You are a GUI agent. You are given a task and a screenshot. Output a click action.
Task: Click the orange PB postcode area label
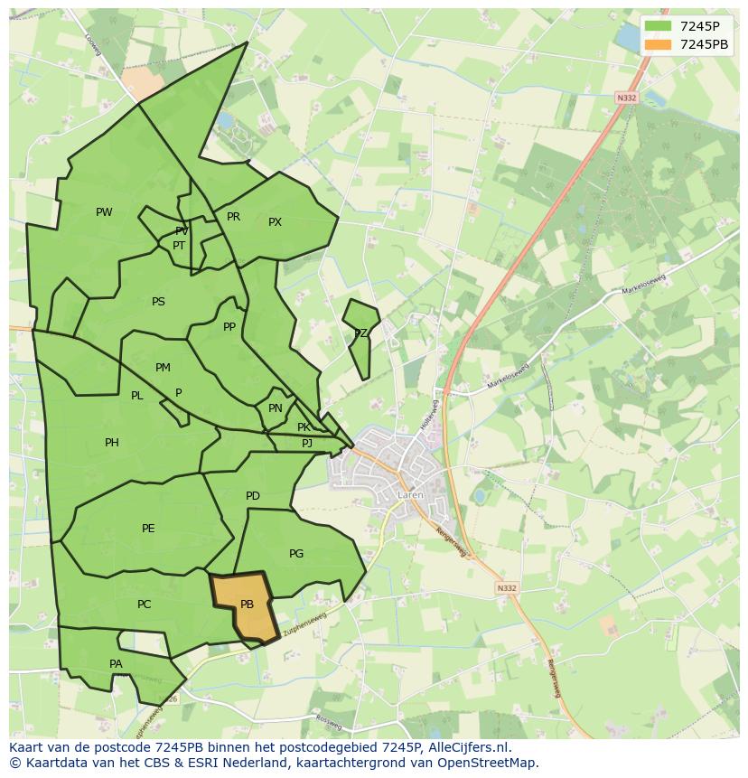(x=247, y=605)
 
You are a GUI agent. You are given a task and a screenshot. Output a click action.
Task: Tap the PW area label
(x=104, y=212)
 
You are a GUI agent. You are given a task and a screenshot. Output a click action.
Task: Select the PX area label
(x=275, y=222)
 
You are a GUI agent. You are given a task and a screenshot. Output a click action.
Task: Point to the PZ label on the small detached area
(x=360, y=333)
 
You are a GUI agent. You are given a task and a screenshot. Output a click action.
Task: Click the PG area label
(x=296, y=554)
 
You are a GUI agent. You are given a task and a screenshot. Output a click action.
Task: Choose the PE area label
(x=148, y=529)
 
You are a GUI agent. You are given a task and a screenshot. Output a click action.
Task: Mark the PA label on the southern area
(x=116, y=664)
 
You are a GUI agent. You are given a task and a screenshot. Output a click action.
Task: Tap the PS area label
(x=158, y=302)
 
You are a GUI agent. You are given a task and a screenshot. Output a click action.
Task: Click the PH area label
(x=112, y=443)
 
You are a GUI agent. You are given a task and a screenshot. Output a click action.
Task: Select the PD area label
(x=253, y=496)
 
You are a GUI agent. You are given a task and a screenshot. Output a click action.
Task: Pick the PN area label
(x=276, y=408)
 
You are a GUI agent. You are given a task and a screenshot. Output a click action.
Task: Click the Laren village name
(x=409, y=495)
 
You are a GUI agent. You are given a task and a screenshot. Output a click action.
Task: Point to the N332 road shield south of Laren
(x=507, y=588)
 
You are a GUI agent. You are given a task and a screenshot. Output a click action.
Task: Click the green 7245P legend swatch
(x=658, y=26)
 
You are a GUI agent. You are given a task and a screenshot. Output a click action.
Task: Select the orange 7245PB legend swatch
(x=658, y=44)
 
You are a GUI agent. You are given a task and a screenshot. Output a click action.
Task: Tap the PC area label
(x=144, y=605)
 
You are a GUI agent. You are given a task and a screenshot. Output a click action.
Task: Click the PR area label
(x=233, y=217)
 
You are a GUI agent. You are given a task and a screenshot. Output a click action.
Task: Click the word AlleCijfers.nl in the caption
(x=466, y=748)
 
